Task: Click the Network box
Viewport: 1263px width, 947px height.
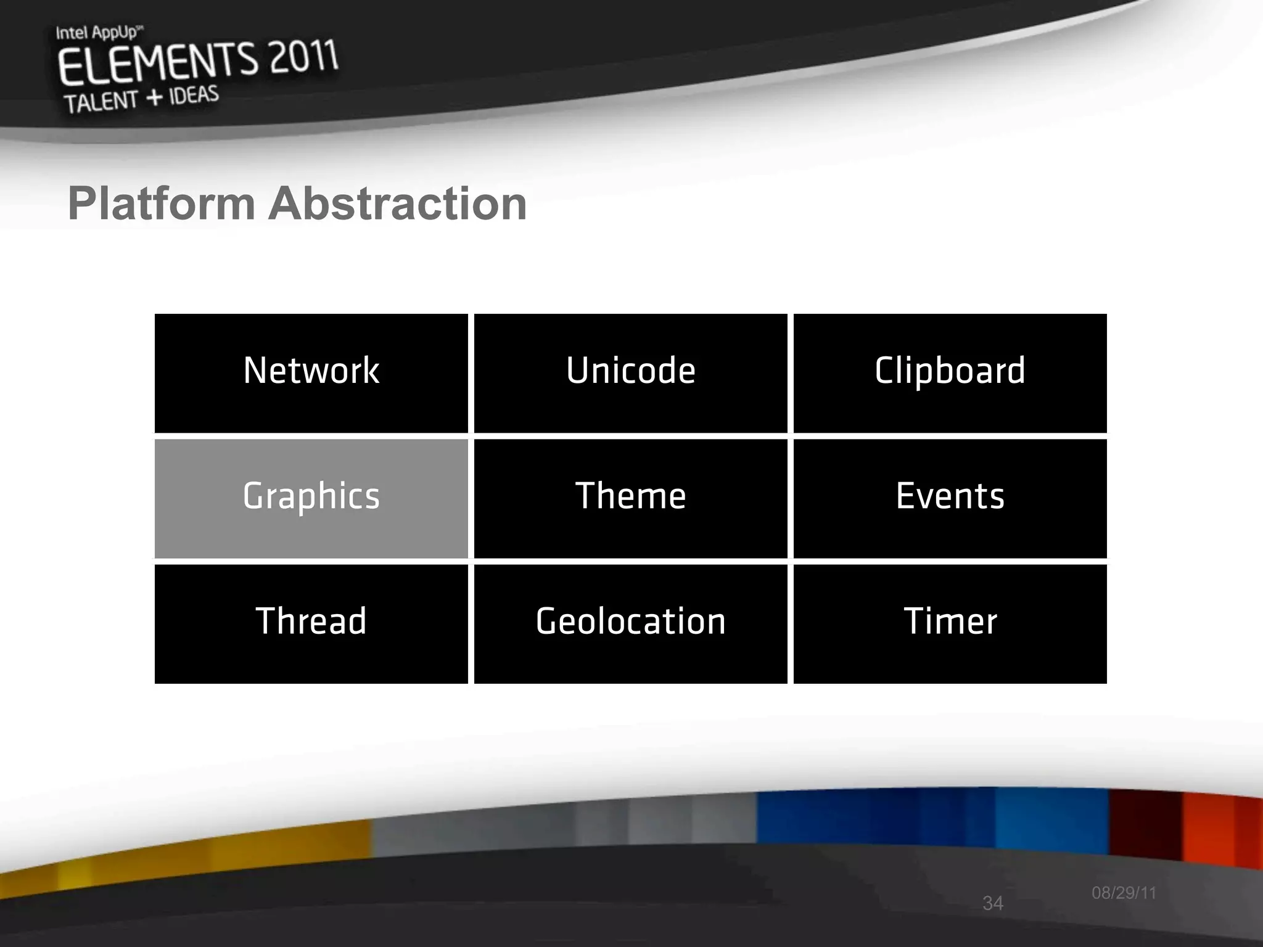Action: (311, 372)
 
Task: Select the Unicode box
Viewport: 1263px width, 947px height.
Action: (630, 372)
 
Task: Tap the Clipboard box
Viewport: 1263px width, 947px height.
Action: (950, 372)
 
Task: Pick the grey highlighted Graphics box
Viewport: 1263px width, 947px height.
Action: (311, 498)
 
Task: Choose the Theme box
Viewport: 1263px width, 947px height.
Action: (630, 498)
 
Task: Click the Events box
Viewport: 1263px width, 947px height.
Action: (950, 498)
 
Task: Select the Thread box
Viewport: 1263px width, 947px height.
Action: (311, 623)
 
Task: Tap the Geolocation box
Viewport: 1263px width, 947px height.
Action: (630, 623)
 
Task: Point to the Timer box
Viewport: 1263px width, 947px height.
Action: (950, 623)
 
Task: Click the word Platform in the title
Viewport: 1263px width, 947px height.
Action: (162, 203)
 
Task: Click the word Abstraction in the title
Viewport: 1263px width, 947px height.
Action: (397, 203)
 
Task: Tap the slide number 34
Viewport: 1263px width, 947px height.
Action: (992, 903)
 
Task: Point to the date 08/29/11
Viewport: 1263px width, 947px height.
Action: (1124, 893)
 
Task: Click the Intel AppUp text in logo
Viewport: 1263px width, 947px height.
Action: (97, 32)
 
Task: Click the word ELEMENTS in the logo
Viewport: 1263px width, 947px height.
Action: (157, 65)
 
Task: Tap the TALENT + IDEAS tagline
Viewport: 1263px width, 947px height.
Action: (141, 100)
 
